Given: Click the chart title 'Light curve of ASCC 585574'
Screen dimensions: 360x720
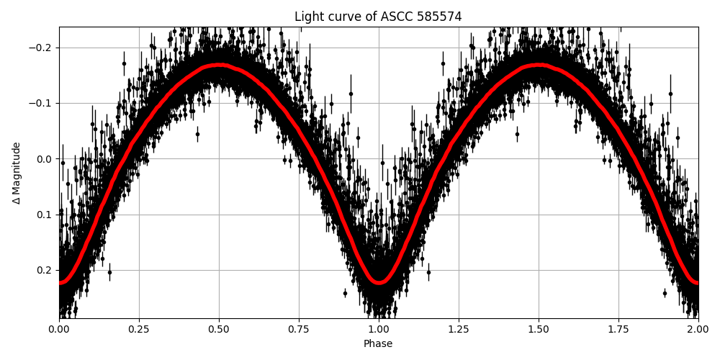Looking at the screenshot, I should coord(378,17).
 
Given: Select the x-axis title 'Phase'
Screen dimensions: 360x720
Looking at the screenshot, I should coord(378,344).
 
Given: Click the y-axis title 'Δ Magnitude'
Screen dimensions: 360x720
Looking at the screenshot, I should coord(17,173).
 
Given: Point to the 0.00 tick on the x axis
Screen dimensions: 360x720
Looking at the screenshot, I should coord(59,329).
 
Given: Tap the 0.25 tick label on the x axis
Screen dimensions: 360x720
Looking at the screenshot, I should coord(139,329).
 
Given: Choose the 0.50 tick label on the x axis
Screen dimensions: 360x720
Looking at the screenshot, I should coord(219,329).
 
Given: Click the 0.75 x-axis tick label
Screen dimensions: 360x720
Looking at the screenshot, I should coord(299,329).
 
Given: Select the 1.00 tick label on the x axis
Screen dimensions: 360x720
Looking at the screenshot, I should coord(379,329).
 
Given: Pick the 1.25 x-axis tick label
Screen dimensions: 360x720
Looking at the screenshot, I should coord(459,329).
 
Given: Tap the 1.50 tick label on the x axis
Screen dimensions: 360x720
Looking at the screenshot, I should coord(539,329).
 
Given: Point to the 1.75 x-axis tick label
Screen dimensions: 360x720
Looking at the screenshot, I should coord(618,329).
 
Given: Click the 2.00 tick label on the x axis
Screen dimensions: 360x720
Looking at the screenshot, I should coord(698,329).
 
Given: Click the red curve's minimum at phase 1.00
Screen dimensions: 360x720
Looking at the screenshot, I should coord(379,282).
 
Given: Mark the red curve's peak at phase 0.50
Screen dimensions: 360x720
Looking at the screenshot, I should coord(219,66).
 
